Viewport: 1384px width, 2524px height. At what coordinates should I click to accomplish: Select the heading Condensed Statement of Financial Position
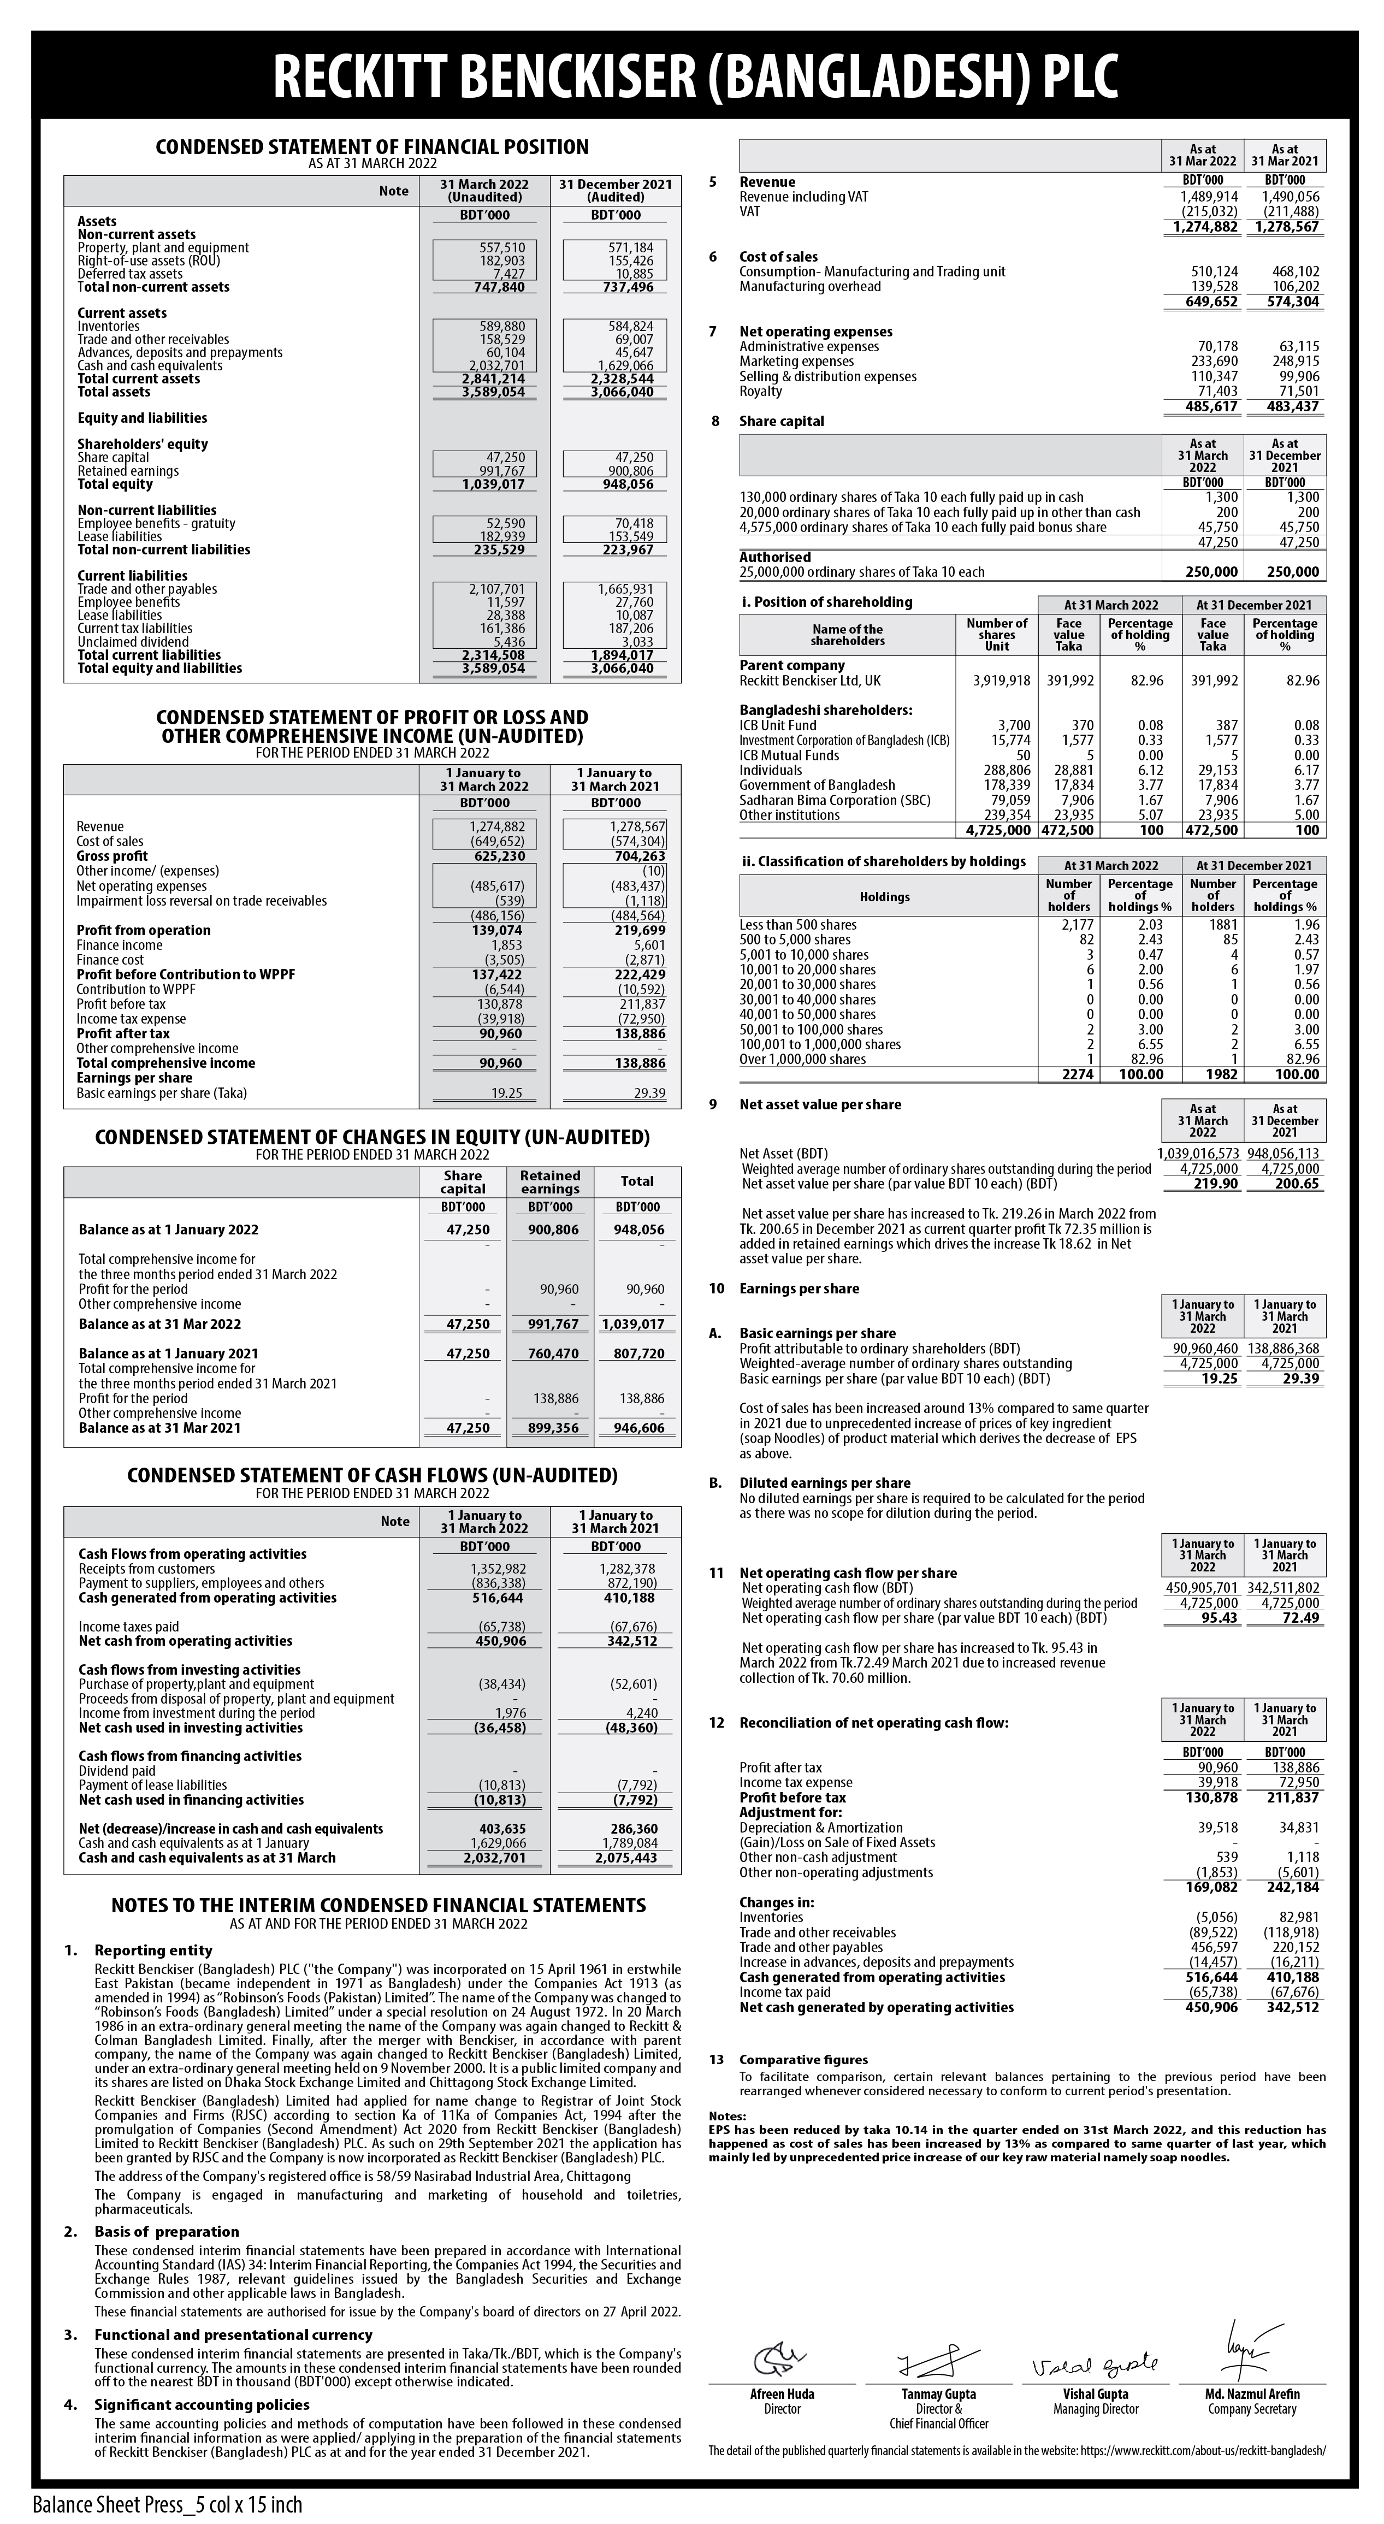click(x=372, y=147)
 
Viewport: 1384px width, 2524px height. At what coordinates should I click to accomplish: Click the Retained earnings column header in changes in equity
click(x=549, y=1181)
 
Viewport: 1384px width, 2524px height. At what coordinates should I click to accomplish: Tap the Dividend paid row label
click(x=116, y=1771)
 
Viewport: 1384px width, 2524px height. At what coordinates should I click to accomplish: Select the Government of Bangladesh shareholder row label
click(x=817, y=785)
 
